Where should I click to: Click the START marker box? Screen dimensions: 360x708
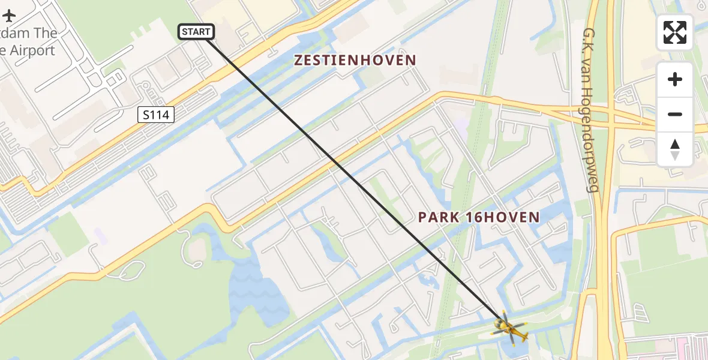click(196, 32)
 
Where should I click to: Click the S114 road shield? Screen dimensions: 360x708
click(156, 115)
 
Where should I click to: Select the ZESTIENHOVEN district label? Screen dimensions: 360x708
click(355, 60)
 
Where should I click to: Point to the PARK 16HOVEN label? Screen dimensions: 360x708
click(479, 217)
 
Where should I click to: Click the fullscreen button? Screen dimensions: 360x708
click(675, 32)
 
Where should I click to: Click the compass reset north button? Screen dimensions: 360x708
click(675, 149)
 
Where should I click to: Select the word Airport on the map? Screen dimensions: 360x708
click(32, 51)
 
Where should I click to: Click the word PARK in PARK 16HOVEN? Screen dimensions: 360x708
click(440, 217)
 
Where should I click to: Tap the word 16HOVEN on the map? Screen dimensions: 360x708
click(503, 217)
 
